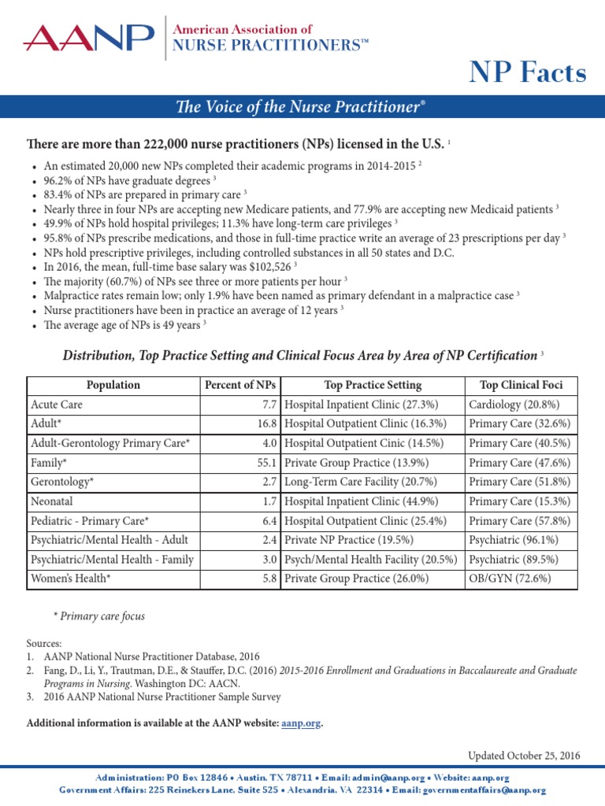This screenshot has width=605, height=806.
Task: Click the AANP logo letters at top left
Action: coord(89,36)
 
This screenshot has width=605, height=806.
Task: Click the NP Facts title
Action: coord(528,72)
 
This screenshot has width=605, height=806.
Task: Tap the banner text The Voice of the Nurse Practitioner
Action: coord(302,106)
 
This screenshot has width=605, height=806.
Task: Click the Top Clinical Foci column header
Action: coord(521,385)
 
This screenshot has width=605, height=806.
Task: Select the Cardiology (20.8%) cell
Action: coord(514,405)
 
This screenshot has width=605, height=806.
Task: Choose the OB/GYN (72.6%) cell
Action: coord(510,578)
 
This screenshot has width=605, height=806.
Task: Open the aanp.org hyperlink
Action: coord(301,723)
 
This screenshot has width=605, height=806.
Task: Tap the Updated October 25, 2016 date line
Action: coord(524,756)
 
